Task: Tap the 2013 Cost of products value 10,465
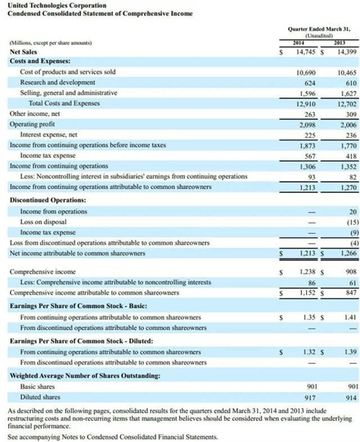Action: coord(346,73)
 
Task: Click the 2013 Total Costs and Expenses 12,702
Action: coord(346,103)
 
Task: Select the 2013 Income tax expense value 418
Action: coord(349,155)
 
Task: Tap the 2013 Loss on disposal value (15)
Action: coord(350,222)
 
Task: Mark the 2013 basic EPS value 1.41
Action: coord(350,318)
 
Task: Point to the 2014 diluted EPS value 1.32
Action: coord(307,352)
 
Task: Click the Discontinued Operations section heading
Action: coord(48,200)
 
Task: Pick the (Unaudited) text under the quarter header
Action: coord(318,36)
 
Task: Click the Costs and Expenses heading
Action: coord(39,61)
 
